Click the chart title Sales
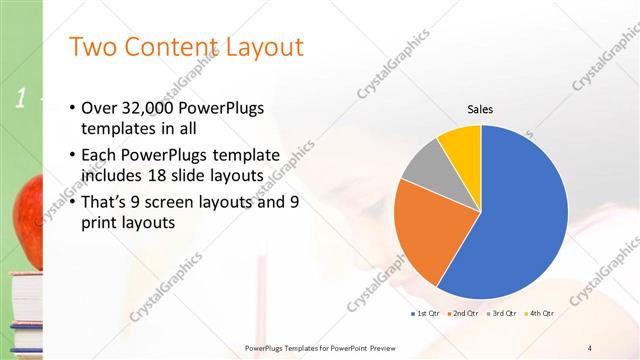click(481, 110)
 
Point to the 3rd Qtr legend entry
click(501, 313)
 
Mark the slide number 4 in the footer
click(590, 347)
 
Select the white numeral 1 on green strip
click(20, 98)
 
